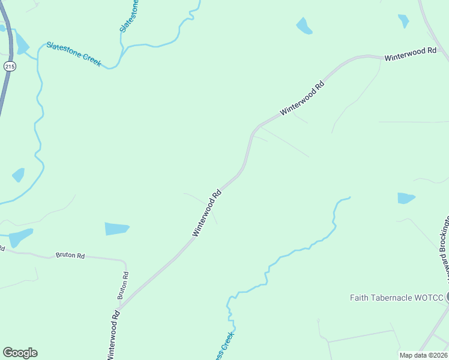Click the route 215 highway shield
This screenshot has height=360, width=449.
9,67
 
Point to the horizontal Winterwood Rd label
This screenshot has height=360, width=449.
410,55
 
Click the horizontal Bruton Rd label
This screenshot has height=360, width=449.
70,255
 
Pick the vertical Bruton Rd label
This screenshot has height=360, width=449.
123,286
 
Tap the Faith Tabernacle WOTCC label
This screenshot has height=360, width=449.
396,298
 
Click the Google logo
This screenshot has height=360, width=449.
20,353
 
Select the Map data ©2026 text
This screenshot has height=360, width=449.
423,355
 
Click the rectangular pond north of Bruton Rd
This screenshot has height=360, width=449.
117,229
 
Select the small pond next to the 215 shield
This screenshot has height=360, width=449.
22,44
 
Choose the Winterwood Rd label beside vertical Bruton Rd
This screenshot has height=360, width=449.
115,334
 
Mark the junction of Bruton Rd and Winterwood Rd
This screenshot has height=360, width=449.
119,310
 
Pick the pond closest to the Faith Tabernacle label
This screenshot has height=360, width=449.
406,198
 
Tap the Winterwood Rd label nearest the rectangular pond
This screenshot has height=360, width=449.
207,213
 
